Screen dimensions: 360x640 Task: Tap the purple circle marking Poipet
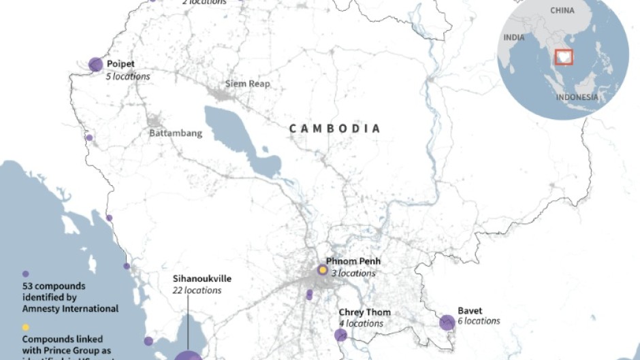(x=95, y=65)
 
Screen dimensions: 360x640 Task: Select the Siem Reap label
(x=248, y=84)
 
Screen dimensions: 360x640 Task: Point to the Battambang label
(x=176, y=133)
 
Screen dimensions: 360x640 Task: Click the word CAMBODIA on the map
(x=334, y=128)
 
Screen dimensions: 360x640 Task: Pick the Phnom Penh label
(x=353, y=261)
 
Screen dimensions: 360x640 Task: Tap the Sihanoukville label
(x=202, y=279)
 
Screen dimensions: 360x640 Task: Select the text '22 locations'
(x=197, y=291)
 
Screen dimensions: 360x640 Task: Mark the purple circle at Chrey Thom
(x=340, y=335)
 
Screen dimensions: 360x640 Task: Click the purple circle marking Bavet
(x=447, y=323)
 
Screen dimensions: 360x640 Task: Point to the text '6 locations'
(x=479, y=321)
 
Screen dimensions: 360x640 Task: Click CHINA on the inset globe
(x=562, y=11)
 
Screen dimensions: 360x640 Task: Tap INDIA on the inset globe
(x=514, y=38)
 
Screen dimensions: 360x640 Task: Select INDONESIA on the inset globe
(x=577, y=97)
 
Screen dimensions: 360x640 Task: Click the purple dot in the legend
(x=26, y=274)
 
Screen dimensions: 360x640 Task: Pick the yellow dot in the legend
(x=26, y=327)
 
